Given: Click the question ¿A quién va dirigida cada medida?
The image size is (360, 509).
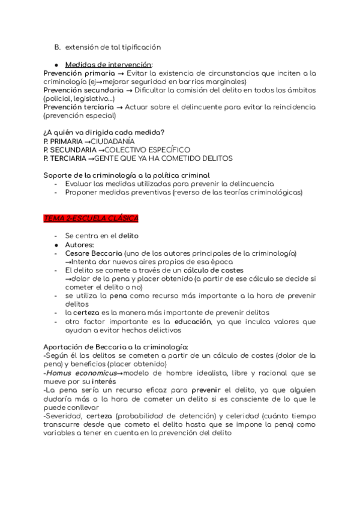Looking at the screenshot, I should point(104,132).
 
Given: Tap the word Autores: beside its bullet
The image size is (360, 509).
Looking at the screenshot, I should point(80,245).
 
